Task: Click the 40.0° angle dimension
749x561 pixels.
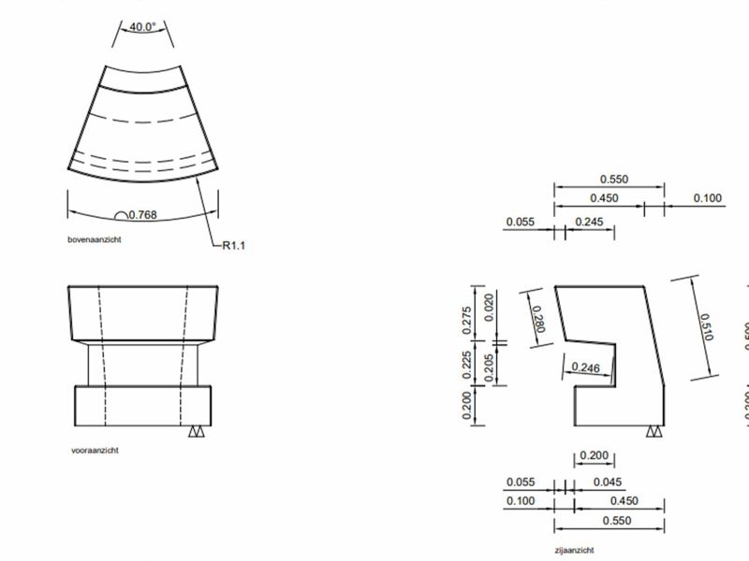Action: click(x=143, y=26)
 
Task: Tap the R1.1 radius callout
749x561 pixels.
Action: click(x=233, y=246)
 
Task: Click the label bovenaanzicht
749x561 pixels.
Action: click(x=95, y=239)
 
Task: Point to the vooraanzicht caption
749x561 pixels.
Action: click(x=95, y=450)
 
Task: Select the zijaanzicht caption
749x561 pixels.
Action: click(x=573, y=551)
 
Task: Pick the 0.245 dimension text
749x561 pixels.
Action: click(x=590, y=222)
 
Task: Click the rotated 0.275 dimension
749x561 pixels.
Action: click(x=469, y=318)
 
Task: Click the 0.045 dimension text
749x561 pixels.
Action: click(x=609, y=482)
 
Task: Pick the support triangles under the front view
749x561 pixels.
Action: click(x=197, y=432)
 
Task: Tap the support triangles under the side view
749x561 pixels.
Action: click(x=654, y=432)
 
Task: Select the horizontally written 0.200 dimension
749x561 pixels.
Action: click(x=595, y=455)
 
